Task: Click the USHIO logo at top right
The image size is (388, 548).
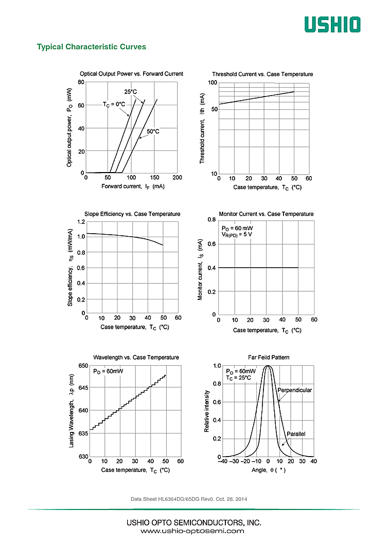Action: pyautogui.click(x=331, y=25)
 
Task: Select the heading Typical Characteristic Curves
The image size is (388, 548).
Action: pyautogui.click(x=91, y=47)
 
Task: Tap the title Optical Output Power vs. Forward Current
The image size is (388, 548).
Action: pyautogui.click(x=131, y=74)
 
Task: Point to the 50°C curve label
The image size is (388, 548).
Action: pyautogui.click(x=153, y=131)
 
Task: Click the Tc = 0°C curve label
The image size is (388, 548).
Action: pyautogui.click(x=114, y=104)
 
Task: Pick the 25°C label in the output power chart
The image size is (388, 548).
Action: pyautogui.click(x=131, y=92)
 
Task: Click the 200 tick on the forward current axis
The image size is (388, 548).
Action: pyautogui.click(x=177, y=178)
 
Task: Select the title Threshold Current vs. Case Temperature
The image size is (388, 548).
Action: pyautogui.click(x=262, y=74)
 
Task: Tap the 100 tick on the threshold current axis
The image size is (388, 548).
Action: pyautogui.click(x=213, y=83)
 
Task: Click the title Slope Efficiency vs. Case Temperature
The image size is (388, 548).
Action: pyautogui.click(x=132, y=214)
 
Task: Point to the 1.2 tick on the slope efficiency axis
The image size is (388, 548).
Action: pyautogui.click(x=81, y=222)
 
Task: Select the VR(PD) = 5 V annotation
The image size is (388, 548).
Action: pyautogui.click(x=237, y=234)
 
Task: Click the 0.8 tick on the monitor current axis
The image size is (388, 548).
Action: pyautogui.click(x=211, y=220)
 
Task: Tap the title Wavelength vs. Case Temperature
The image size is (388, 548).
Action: pyautogui.click(x=136, y=357)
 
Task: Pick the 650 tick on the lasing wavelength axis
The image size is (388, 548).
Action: pyautogui.click(x=83, y=365)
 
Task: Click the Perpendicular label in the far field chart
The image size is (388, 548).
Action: pyautogui.click(x=294, y=390)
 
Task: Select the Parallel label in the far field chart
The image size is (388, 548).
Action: pyautogui.click(x=296, y=434)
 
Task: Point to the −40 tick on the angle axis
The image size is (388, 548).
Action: pyautogui.click(x=222, y=461)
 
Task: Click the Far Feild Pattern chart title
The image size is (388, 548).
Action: pyautogui.click(x=268, y=357)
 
